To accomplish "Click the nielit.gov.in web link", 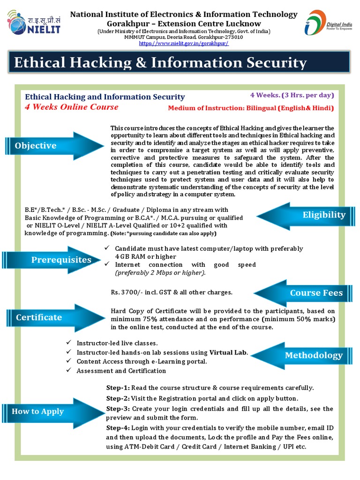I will (183, 44).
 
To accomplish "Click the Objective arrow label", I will (36, 146).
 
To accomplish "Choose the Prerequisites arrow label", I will (61, 260).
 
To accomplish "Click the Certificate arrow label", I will (39, 317).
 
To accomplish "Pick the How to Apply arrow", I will (38, 412).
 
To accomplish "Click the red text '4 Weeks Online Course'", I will (71, 107).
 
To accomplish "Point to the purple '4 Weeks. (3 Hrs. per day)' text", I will (292, 95).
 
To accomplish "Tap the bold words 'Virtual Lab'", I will (228, 352).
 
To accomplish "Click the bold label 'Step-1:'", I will (118, 388).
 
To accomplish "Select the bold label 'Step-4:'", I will (118, 428).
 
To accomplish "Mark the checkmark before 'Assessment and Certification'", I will (68, 370).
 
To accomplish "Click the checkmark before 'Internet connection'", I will (107, 265).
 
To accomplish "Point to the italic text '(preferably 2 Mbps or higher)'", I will (160, 273).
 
